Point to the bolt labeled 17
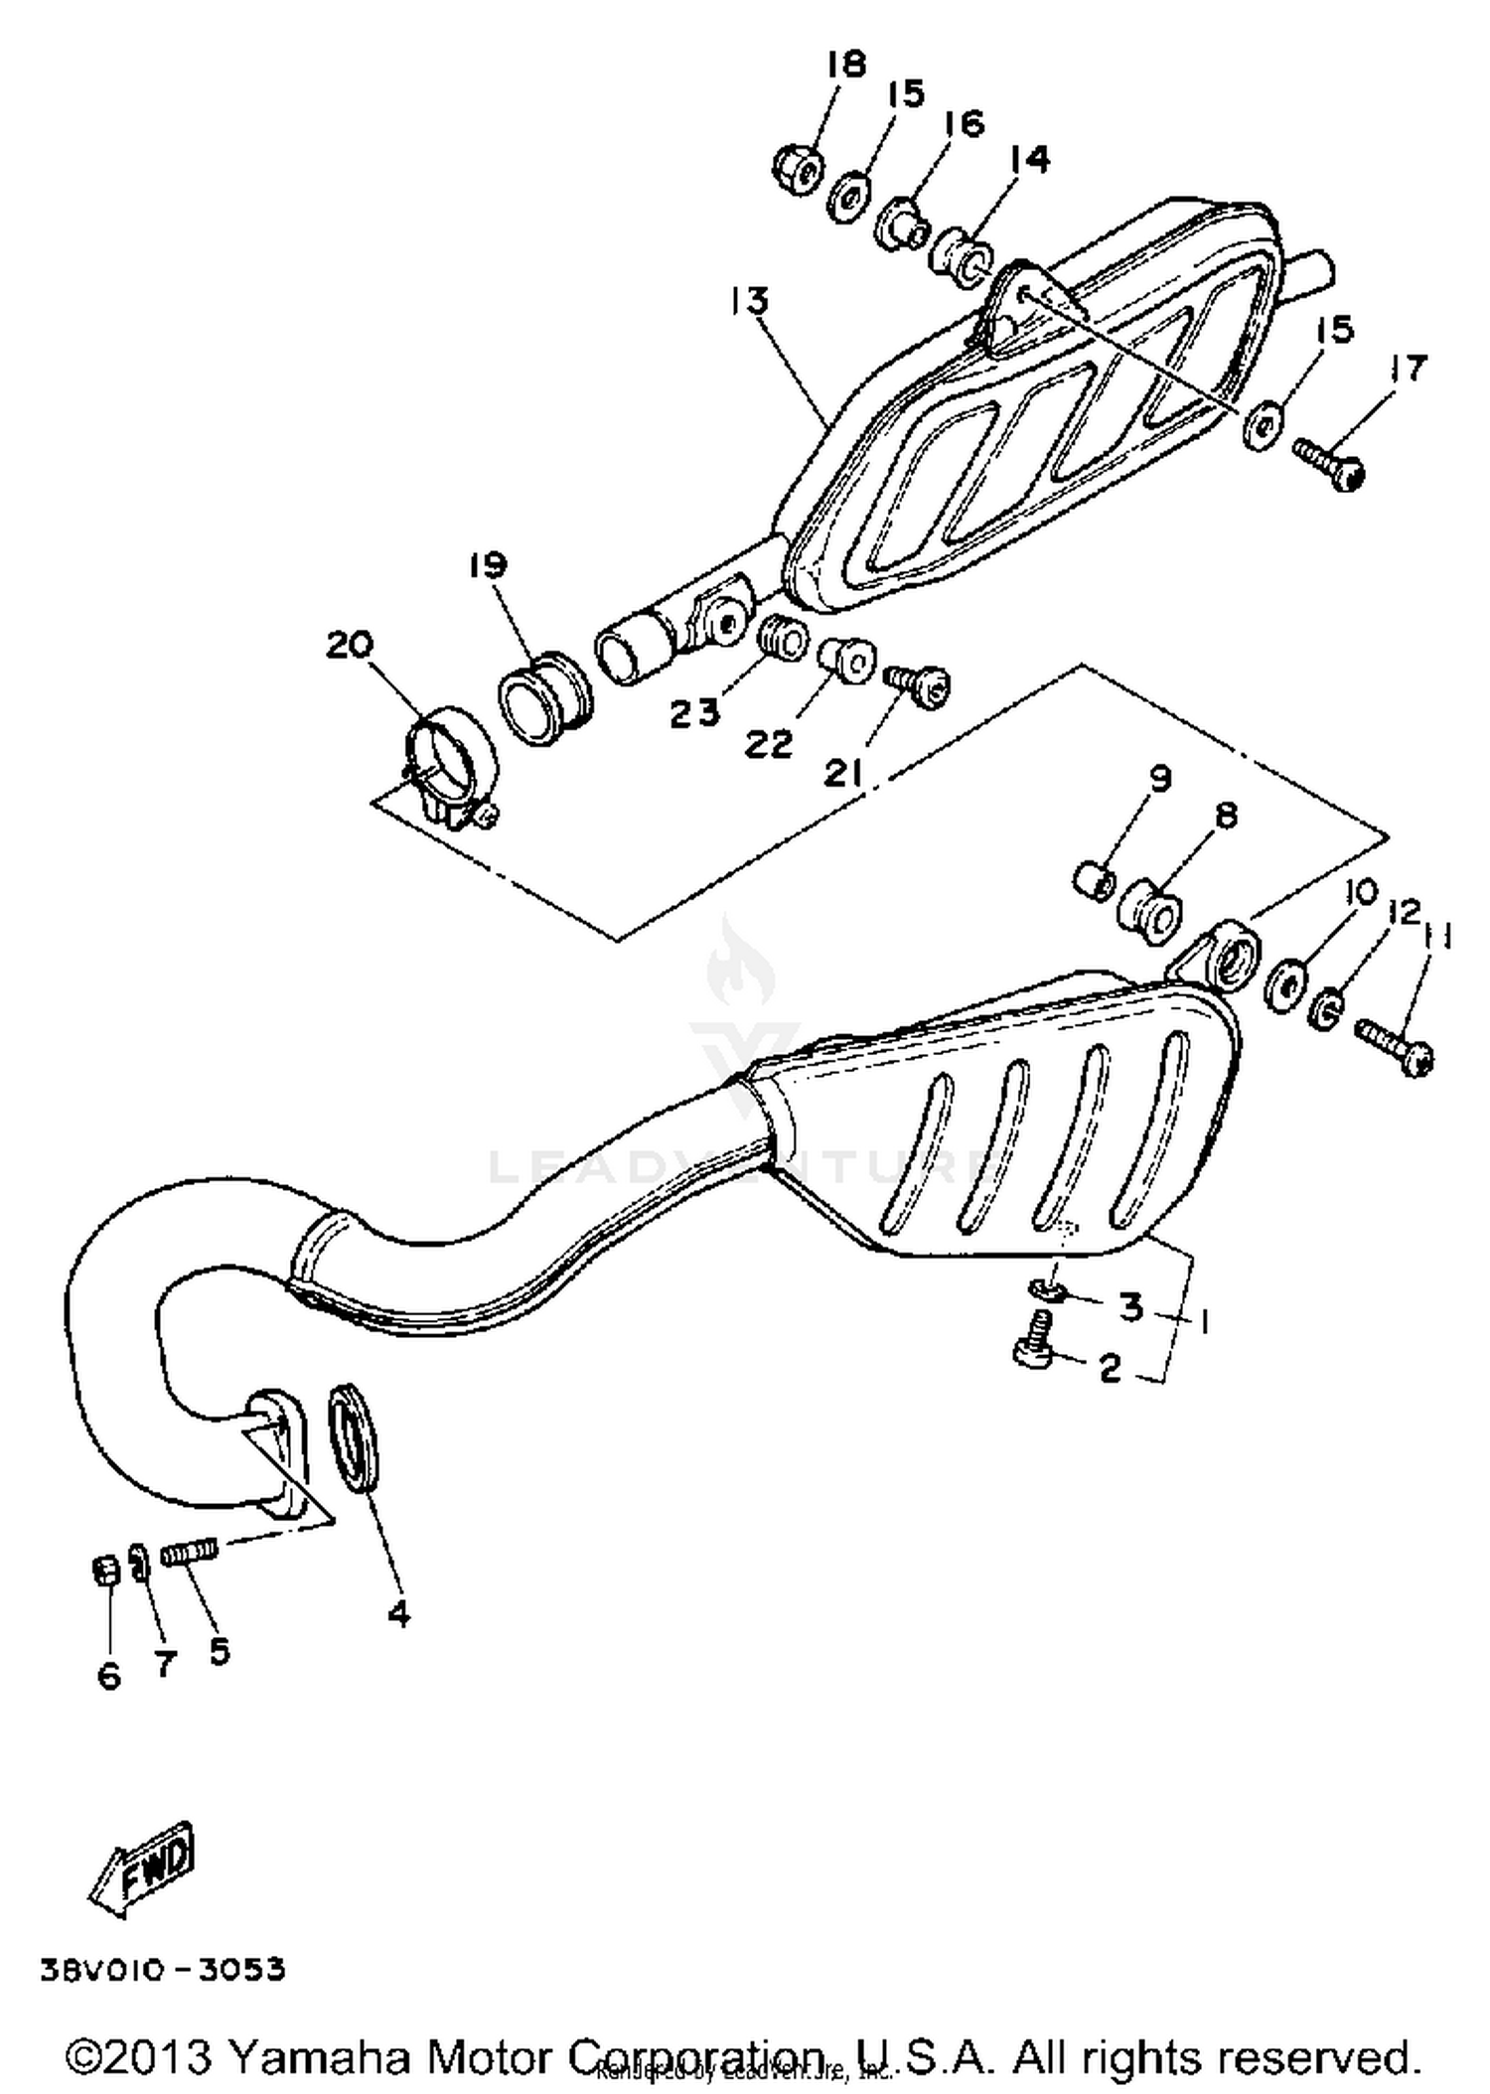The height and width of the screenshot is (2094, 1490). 1329,463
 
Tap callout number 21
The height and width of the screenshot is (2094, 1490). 844,772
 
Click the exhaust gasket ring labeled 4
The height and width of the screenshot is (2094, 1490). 354,1439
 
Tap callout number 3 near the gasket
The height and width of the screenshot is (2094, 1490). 1130,1307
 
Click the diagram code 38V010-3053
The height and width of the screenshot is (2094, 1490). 163,1969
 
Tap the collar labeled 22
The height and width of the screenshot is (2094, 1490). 847,660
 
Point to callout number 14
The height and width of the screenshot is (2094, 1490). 1028,159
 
